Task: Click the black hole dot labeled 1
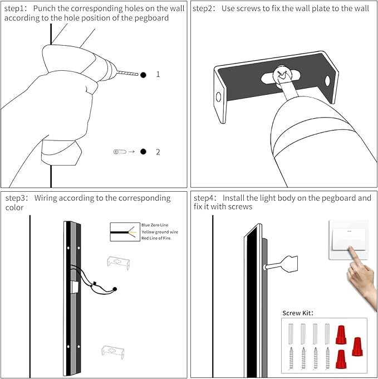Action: tap(143, 74)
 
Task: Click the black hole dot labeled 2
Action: tap(143, 152)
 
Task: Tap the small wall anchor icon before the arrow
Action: tap(120, 152)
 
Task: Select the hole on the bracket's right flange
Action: tap(327, 81)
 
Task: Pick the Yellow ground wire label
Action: tap(160, 231)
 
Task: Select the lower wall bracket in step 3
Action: tap(114, 351)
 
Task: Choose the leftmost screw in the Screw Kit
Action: tap(292, 357)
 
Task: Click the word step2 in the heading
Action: tap(204, 9)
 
